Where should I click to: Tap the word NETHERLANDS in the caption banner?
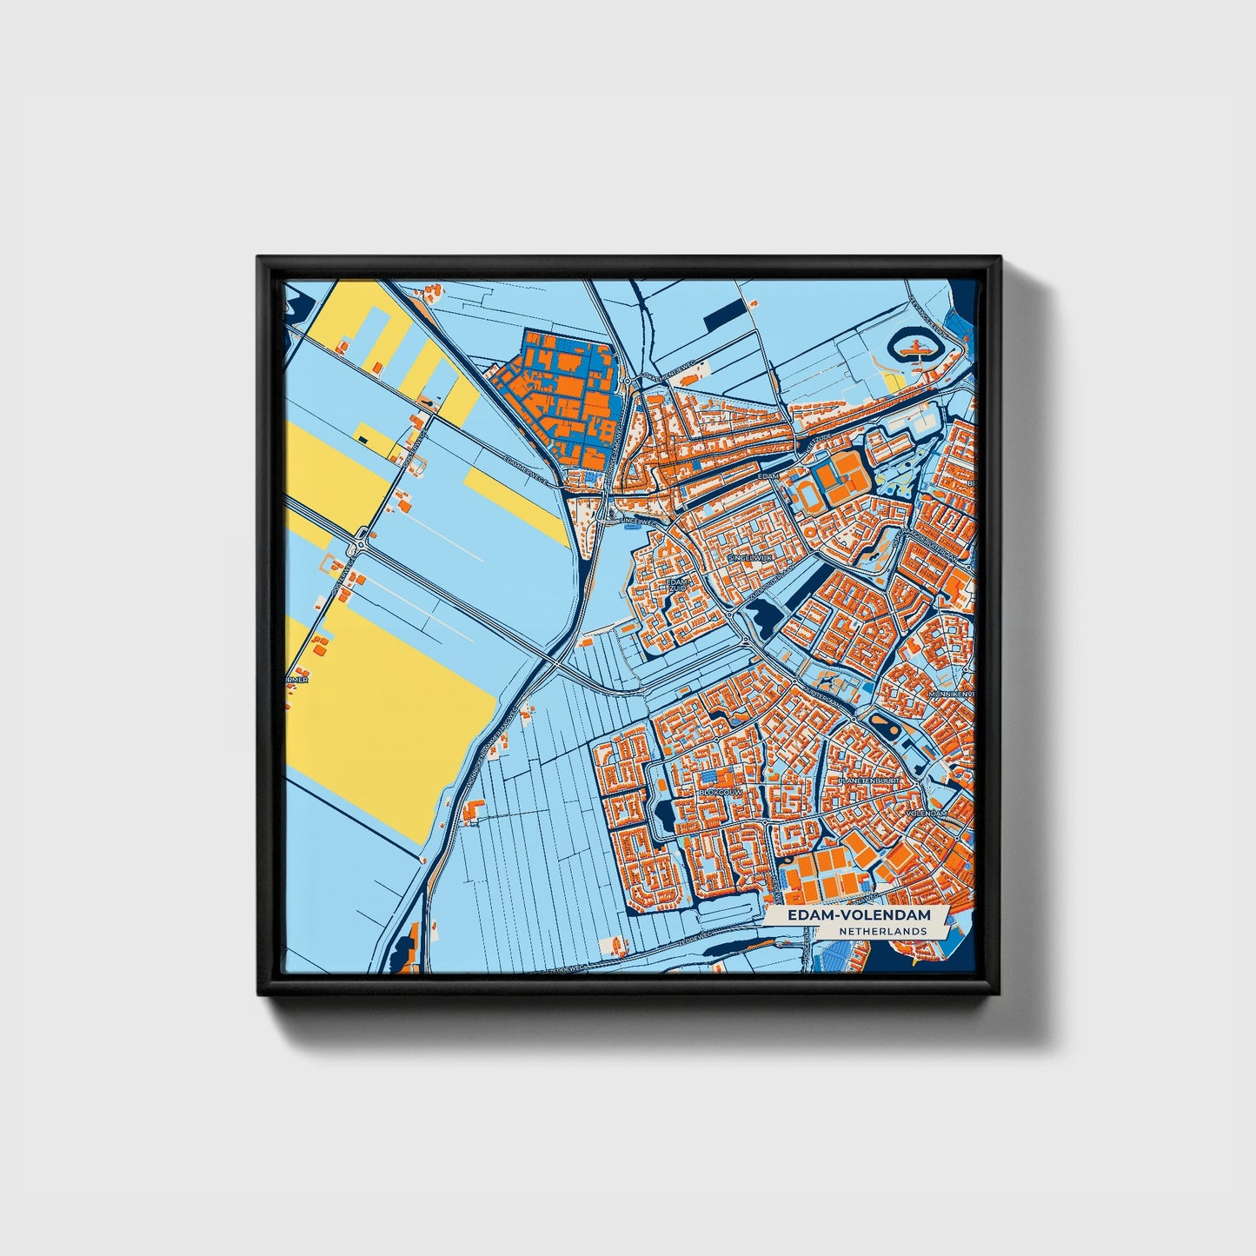(882, 931)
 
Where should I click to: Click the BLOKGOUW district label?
(718, 792)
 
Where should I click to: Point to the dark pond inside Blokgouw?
(665, 815)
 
